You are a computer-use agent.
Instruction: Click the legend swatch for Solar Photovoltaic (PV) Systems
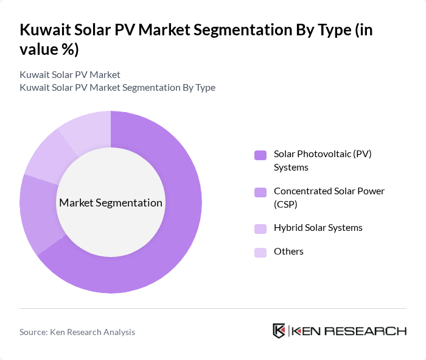click(260, 155)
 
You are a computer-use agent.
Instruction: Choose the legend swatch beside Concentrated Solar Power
click(260, 192)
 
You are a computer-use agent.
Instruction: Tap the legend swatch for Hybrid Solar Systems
click(260, 228)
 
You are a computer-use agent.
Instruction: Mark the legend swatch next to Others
click(260, 252)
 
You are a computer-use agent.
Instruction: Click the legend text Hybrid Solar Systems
click(318, 228)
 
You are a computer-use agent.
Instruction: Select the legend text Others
click(288, 252)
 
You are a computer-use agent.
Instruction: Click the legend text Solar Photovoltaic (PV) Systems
click(323, 160)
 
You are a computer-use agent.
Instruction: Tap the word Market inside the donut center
click(75, 203)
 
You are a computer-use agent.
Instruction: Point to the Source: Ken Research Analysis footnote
click(77, 332)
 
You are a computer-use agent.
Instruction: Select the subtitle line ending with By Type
click(117, 87)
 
